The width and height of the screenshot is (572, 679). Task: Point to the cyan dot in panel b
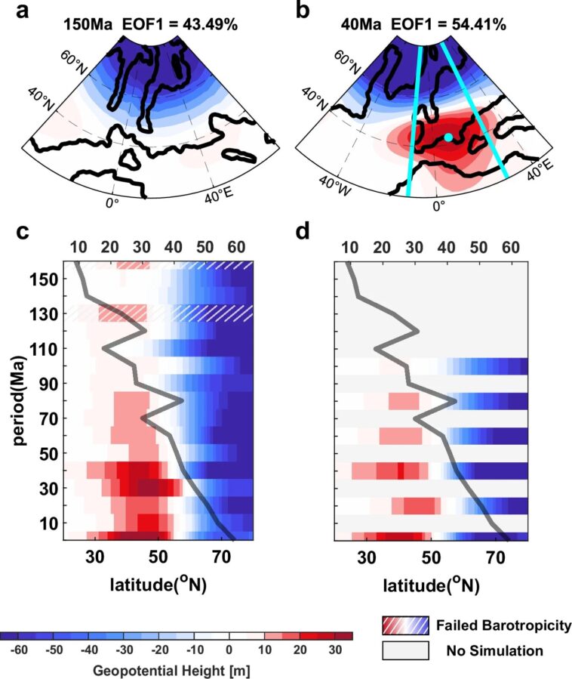coord(448,137)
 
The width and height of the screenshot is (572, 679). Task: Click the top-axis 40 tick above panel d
coord(447,247)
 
